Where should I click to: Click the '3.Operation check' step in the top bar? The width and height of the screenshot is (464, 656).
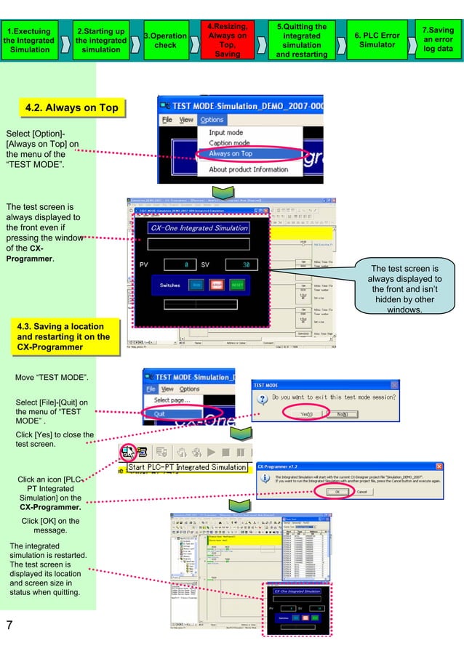(x=165, y=40)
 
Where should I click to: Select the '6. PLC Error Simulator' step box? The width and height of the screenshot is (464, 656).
(x=376, y=40)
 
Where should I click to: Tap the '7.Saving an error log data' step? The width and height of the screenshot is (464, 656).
(x=438, y=40)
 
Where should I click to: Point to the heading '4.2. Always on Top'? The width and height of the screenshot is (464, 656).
(x=71, y=108)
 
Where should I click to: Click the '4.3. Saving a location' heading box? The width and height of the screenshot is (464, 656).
(x=63, y=336)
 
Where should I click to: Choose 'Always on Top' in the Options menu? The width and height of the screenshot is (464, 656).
(x=231, y=154)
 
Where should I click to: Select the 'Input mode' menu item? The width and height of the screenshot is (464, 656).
(x=226, y=133)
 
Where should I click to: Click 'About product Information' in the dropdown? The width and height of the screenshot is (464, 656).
(x=249, y=170)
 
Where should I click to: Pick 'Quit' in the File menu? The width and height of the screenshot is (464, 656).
(x=164, y=413)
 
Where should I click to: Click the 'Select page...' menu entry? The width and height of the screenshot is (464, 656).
(x=172, y=400)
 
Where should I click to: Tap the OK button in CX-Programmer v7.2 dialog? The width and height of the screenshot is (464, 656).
(x=337, y=491)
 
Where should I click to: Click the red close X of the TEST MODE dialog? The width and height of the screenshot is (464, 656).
(x=394, y=385)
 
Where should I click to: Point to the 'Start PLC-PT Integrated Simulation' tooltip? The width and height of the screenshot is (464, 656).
(x=187, y=467)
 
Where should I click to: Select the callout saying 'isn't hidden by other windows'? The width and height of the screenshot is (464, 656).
(x=405, y=289)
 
